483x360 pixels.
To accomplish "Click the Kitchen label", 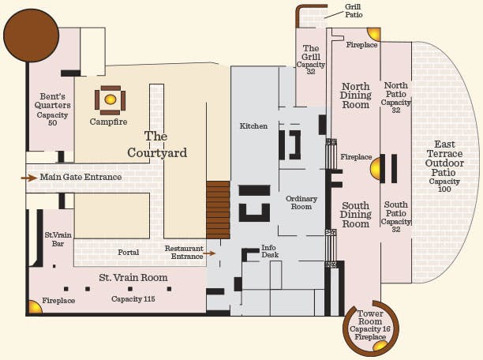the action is point(253,126).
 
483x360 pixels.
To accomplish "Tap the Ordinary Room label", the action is point(301,202).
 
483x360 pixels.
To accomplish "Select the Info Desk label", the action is point(270,251).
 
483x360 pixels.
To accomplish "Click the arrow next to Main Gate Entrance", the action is point(29,178).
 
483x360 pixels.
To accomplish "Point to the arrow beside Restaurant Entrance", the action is point(209,253).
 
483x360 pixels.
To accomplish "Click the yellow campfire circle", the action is point(110,99).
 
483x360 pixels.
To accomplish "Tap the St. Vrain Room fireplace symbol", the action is point(35,306).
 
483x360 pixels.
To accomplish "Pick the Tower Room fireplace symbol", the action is point(380,346).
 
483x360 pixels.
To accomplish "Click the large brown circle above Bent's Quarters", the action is point(31,36).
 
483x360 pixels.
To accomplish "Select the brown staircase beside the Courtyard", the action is point(218,210).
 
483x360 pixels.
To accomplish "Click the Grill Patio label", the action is point(354,11).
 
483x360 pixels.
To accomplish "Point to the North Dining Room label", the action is point(355,96).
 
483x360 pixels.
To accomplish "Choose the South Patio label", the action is point(396,208).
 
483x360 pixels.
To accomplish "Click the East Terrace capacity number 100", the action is point(444,189).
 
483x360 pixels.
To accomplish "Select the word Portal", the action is point(129,252).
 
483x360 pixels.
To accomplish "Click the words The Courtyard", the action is point(157,144).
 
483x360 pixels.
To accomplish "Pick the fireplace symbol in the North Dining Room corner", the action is point(373,34).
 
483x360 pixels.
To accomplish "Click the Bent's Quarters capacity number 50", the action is point(52,122).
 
